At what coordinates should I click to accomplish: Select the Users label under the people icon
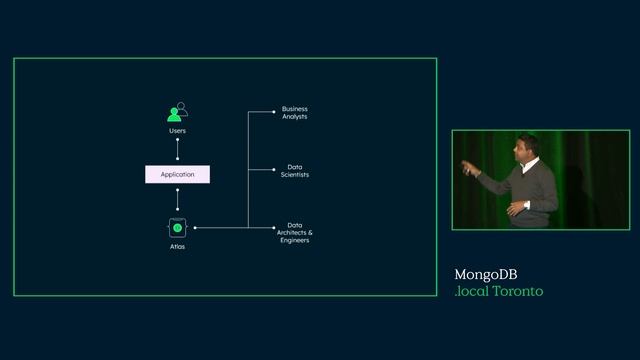point(177,131)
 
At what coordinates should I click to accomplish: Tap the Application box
point(177,174)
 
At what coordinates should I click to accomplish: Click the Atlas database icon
point(177,228)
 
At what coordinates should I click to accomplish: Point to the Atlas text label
point(177,246)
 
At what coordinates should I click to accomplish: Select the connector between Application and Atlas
point(177,200)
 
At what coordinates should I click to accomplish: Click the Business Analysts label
point(294,113)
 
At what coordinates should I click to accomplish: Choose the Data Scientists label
point(294,170)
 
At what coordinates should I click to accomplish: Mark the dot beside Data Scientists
point(274,169)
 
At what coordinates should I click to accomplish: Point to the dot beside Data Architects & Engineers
point(274,228)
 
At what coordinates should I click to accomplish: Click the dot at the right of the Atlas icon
point(194,228)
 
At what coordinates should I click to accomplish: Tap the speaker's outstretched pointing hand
point(466,166)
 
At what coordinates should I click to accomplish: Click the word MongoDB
point(485,274)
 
